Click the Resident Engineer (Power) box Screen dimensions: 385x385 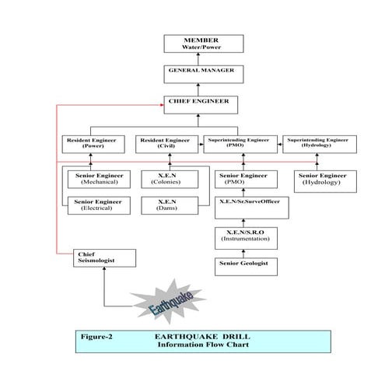(92, 143)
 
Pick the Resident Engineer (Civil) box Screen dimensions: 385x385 (166, 143)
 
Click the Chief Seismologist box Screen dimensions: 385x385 (104, 257)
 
